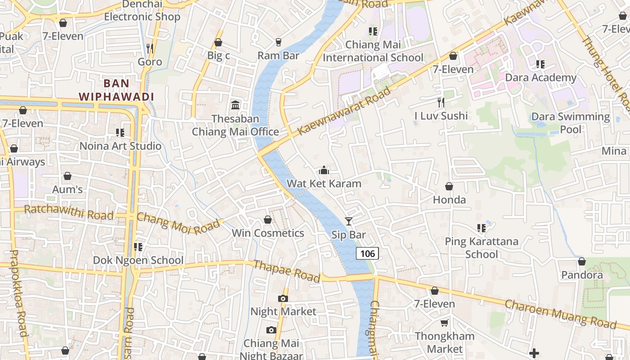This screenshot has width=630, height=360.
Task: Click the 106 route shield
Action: click(367, 253)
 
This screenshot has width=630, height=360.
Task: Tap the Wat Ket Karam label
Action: click(324, 184)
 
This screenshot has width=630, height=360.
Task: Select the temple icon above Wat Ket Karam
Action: click(324, 170)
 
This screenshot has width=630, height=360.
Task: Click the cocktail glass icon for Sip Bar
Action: click(348, 221)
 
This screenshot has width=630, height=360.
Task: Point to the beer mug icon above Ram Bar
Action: click(278, 42)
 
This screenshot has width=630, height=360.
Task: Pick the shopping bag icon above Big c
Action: click(218, 42)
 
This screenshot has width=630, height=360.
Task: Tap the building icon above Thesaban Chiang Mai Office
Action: click(235, 105)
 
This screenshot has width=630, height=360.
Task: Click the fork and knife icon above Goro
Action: click(150, 48)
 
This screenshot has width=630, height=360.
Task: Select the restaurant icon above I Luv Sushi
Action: click(441, 103)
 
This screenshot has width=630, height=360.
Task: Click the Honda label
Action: click(449, 199)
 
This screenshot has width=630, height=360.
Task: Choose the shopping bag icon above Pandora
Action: click(581, 261)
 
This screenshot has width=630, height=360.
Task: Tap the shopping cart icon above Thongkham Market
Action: click(444, 323)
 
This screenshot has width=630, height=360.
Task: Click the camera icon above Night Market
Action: click(283, 298)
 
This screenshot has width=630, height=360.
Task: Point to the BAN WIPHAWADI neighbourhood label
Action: click(117, 90)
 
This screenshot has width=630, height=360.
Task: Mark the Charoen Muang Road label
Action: click(560, 314)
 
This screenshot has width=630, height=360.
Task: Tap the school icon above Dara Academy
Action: click(540, 64)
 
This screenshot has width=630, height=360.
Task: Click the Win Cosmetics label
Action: click(268, 233)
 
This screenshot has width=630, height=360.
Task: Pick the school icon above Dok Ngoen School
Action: click(138, 247)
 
